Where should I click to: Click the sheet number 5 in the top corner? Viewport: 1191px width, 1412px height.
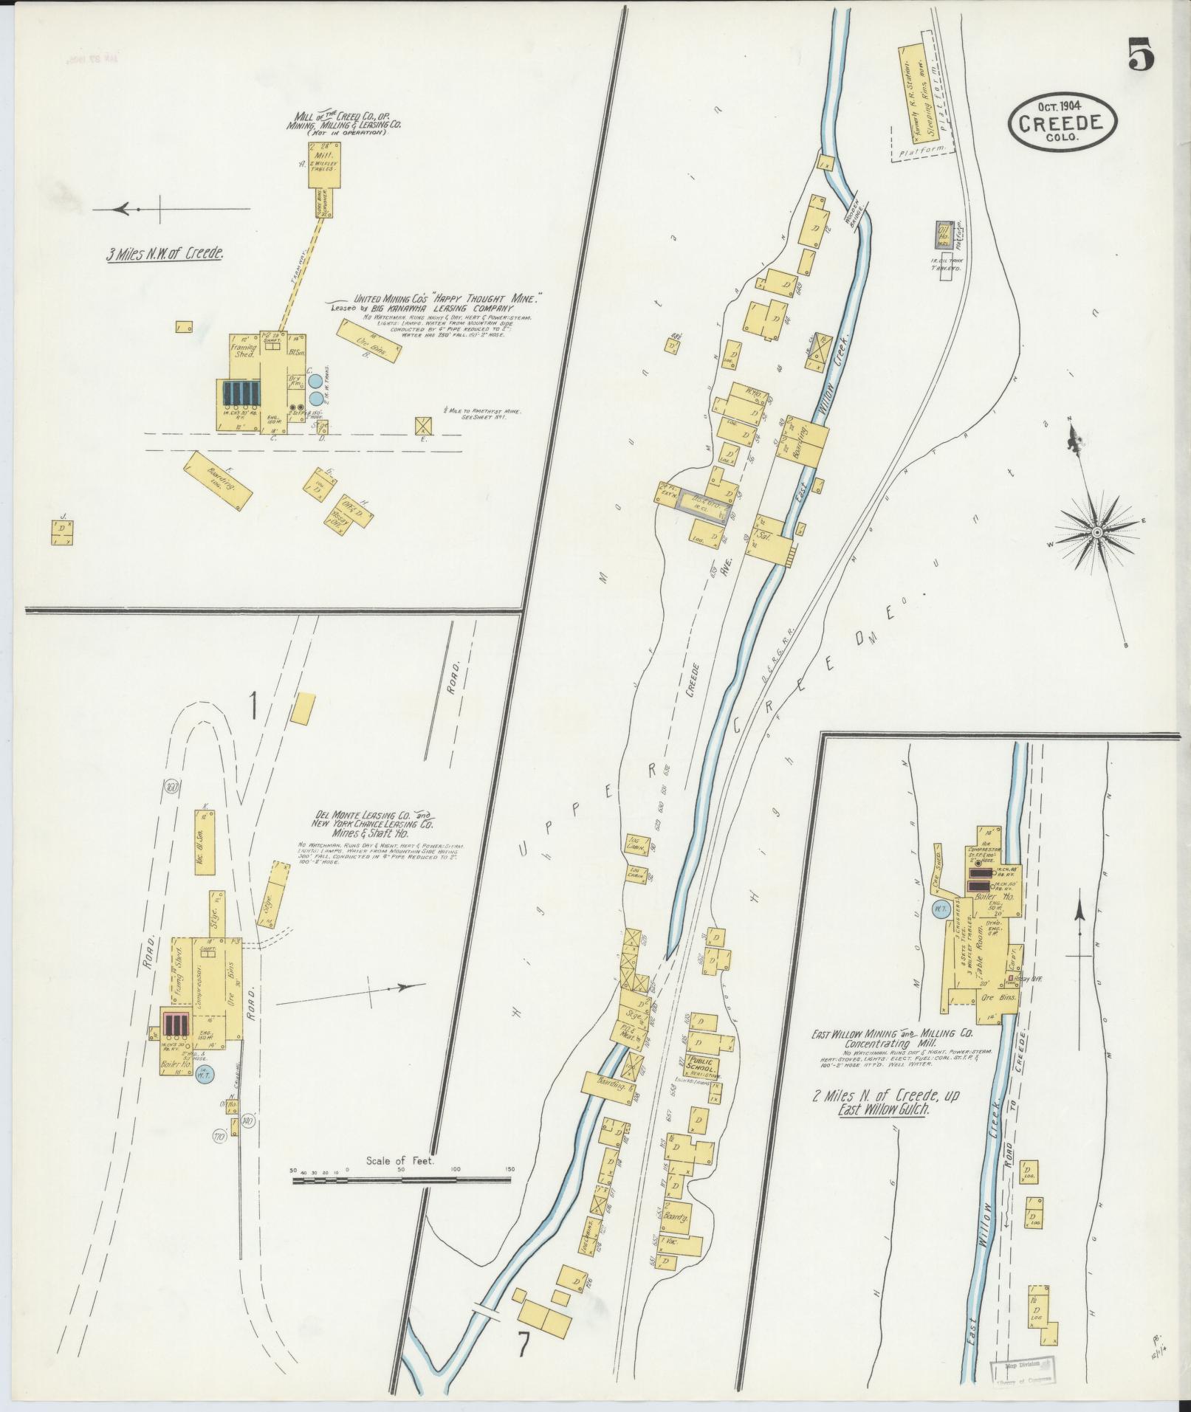point(1141,55)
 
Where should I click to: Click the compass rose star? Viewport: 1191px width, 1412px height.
point(1097,532)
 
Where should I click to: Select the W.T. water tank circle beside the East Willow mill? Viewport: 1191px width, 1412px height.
point(941,909)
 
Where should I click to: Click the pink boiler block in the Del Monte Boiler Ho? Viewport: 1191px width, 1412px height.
point(176,1024)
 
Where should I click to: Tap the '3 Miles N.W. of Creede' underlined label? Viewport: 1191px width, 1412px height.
point(165,255)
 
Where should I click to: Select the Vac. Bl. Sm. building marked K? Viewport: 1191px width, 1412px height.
point(204,841)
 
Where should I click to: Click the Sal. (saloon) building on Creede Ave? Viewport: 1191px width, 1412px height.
point(767,543)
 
